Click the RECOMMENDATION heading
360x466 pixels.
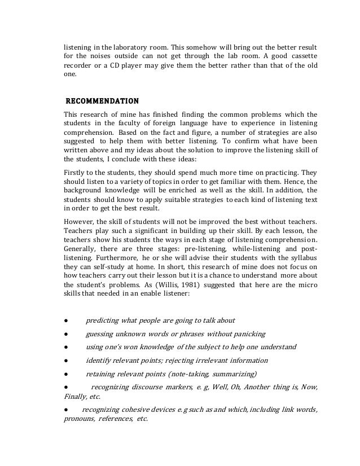(x=102, y=102)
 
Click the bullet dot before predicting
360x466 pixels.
(x=65, y=320)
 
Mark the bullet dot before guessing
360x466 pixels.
(x=65, y=334)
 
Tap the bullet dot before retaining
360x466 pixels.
(x=65, y=374)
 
